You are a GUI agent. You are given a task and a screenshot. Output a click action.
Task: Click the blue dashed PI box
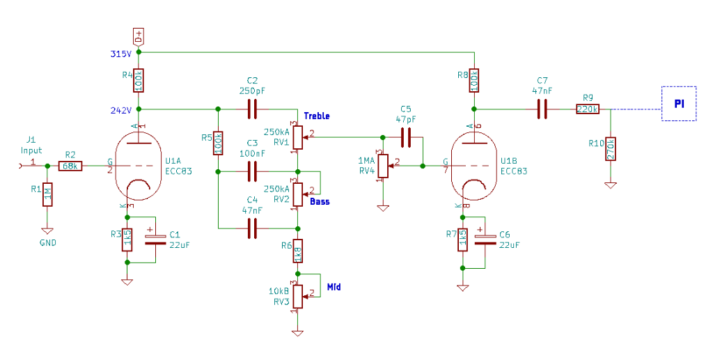678,104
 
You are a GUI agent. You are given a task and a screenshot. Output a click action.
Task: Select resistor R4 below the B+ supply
139,82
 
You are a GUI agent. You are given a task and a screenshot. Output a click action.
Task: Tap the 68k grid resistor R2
70,166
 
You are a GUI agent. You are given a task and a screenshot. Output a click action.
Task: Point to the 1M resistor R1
47,194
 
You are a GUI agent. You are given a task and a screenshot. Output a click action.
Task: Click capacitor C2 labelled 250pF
252,109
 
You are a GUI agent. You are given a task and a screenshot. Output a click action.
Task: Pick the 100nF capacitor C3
252,171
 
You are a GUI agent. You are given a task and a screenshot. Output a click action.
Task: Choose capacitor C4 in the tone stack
252,228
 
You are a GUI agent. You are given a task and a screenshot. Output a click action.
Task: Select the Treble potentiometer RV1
298,136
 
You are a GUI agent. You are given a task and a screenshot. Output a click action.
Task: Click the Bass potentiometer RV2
298,194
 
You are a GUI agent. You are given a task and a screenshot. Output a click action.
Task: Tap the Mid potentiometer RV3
298,297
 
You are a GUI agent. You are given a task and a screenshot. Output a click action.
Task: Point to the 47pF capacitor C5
407,136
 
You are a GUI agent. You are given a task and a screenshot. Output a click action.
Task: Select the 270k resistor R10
611,149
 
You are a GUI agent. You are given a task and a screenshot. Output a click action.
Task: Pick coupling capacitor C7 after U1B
542,109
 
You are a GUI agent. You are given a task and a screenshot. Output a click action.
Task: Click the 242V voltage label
120,109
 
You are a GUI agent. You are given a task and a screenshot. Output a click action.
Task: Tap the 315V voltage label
120,54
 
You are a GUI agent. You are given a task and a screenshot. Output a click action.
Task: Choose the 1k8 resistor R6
298,251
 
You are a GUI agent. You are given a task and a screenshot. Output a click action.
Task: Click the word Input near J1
31,150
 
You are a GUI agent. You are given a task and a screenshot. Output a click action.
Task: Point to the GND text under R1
47,243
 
